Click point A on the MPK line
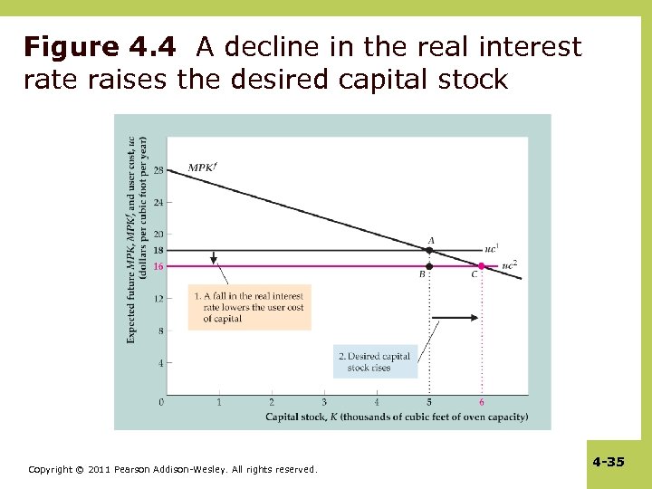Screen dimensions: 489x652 [x=429, y=250]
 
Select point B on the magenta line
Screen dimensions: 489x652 [x=429, y=266]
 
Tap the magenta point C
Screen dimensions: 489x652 [x=482, y=266]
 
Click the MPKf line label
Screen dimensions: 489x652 [x=204, y=167]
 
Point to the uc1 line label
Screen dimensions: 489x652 [x=492, y=247]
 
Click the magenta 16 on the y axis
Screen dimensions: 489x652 [x=158, y=266]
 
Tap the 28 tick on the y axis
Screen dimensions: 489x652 [x=158, y=170]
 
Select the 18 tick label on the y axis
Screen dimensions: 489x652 [x=158, y=250]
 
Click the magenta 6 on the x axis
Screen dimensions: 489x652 [x=482, y=402]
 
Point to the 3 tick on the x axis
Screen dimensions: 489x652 [x=324, y=402]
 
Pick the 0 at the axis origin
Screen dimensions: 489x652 [x=161, y=401]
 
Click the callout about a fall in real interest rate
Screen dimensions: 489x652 [x=249, y=307]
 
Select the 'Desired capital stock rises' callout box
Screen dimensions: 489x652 [x=376, y=361]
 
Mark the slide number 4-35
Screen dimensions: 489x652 [x=609, y=462]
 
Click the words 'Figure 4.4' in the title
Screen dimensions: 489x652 [x=106, y=47]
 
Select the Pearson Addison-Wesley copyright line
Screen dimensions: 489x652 [x=172, y=469]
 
